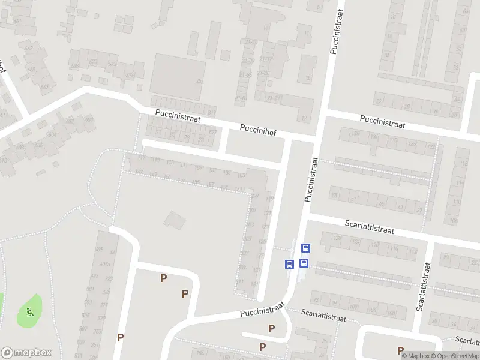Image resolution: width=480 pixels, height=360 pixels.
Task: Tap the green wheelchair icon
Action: pos(29,311)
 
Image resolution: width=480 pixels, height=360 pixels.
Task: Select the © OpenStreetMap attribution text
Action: pos(454,356)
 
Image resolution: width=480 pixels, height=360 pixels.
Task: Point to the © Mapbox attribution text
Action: pos(415,356)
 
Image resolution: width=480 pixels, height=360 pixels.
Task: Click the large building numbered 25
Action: pos(178,77)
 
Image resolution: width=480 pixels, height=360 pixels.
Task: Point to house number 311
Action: pos(240,281)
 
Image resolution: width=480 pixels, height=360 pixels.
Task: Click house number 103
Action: pos(242,175)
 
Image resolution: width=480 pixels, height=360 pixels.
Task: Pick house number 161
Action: pos(239,190)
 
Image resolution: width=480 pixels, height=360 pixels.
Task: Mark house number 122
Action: pos(430,146)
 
